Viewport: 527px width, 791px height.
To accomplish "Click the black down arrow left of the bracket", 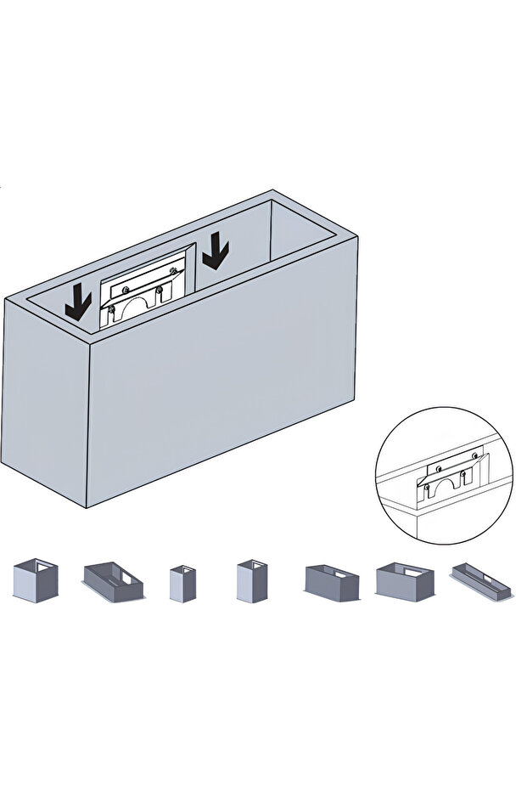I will [x=78, y=302].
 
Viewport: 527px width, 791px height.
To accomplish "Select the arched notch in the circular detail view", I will [x=446, y=486].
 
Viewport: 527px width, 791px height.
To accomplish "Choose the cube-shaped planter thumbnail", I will [x=35, y=580].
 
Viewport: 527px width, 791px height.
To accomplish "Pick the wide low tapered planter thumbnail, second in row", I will [x=113, y=582].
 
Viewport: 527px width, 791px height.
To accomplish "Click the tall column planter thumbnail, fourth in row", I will [x=251, y=581].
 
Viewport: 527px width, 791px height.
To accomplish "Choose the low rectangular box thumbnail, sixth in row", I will [x=404, y=582].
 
